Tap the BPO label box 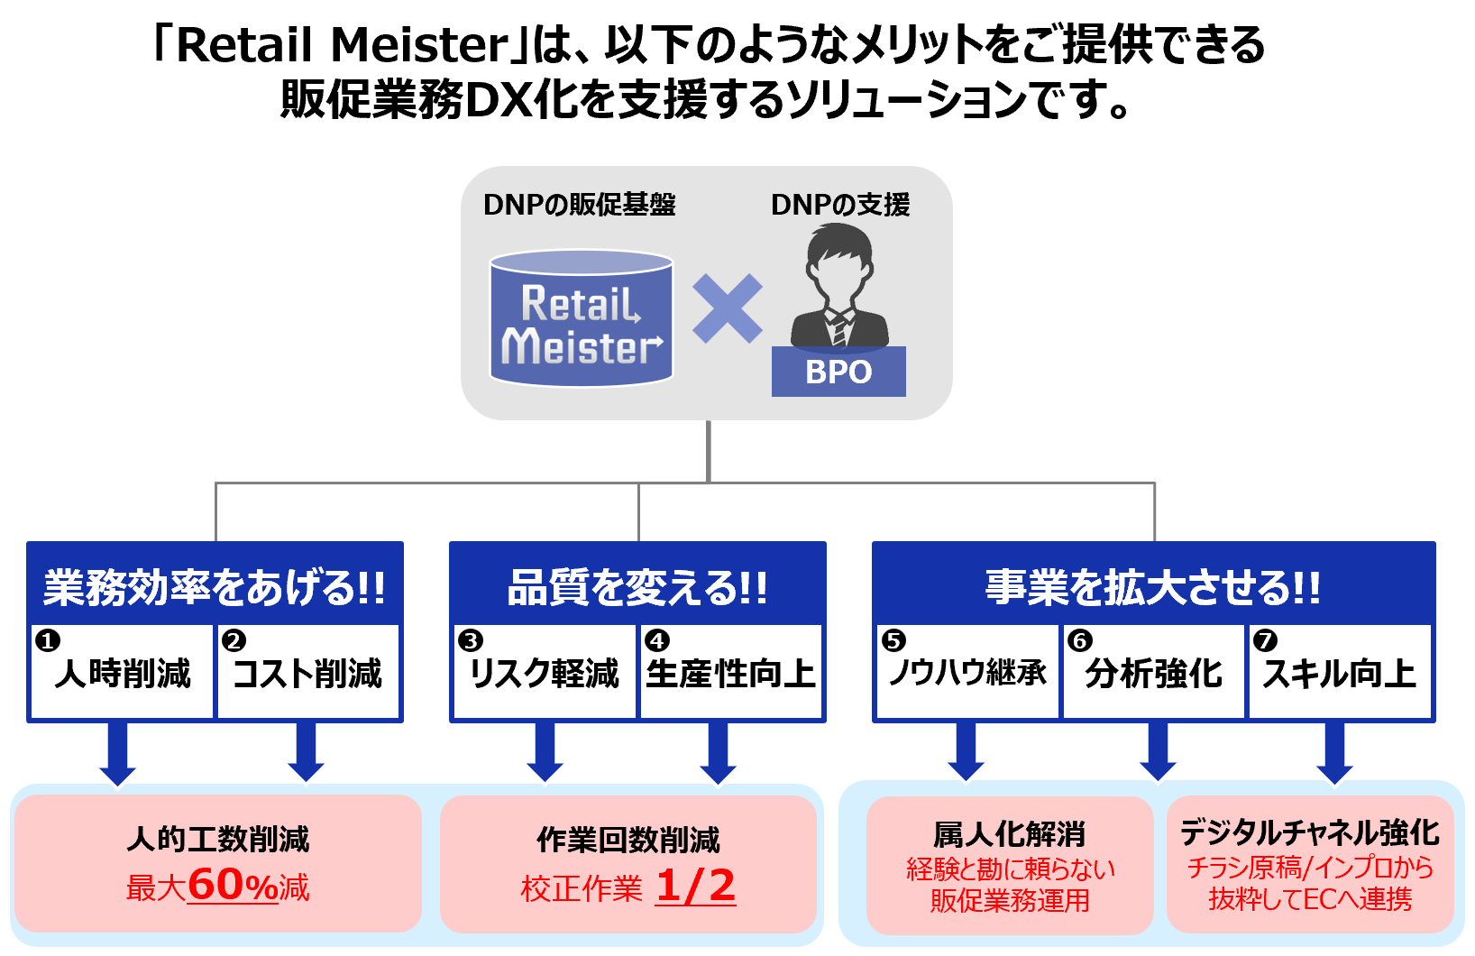click(x=838, y=372)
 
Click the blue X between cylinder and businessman click(x=727, y=309)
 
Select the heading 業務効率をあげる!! click(x=215, y=587)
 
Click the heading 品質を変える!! click(x=637, y=587)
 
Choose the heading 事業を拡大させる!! click(x=1152, y=587)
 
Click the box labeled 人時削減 click(x=123, y=673)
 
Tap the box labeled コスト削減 click(x=307, y=673)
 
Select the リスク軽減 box click(x=544, y=673)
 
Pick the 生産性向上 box click(x=730, y=673)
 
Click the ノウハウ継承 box click(x=967, y=672)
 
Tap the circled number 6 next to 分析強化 click(x=1079, y=640)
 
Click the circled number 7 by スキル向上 click(x=1265, y=640)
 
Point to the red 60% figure click(x=233, y=885)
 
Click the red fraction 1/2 click(x=695, y=886)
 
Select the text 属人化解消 click(x=1009, y=834)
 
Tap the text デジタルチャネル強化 click(x=1309, y=832)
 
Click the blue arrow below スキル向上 click(x=1334, y=752)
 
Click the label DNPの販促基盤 click(x=579, y=205)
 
